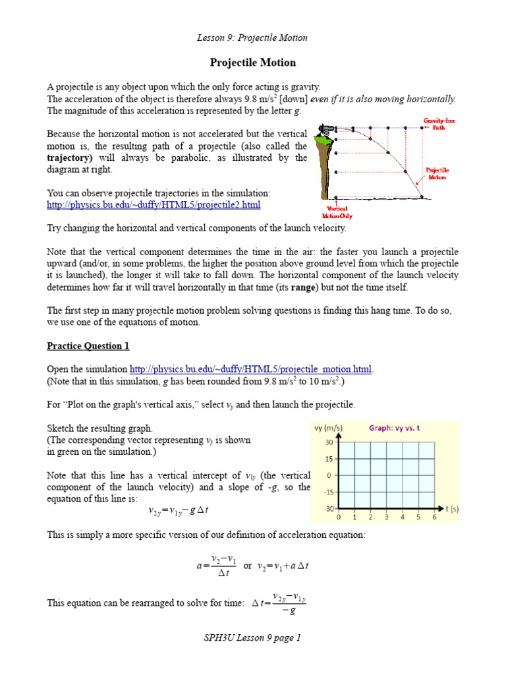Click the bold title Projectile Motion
(253, 63)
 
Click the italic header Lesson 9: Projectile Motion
(253, 38)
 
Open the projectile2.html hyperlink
(154, 205)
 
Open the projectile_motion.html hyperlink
(251, 368)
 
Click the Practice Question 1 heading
(88, 346)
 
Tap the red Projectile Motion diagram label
(437, 173)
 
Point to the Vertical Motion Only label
(334, 212)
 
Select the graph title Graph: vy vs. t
(394, 428)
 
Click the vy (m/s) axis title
(327, 428)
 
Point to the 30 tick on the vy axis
(328, 442)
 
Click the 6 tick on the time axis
(434, 517)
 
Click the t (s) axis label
(451, 508)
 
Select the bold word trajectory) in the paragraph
(72, 158)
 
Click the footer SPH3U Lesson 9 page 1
(253, 637)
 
